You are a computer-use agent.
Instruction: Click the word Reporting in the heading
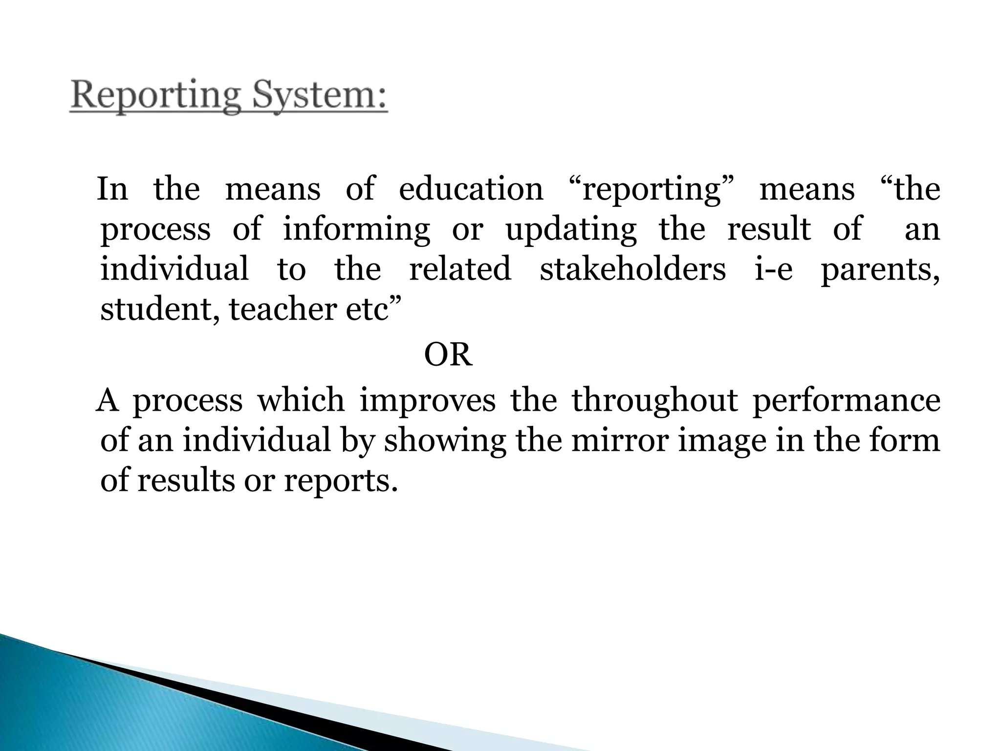[x=155, y=96]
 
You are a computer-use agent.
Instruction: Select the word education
[x=471, y=190]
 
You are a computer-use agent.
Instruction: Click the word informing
[x=356, y=230]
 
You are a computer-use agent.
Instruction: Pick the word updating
[x=571, y=230]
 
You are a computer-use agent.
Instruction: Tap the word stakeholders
[x=632, y=269]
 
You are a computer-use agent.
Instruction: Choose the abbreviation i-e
[x=773, y=269]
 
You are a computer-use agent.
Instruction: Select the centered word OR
[x=448, y=355]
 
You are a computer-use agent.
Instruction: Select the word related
[x=460, y=269]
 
